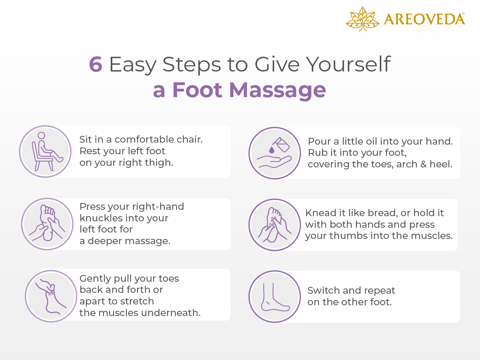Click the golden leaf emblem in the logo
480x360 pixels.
(x=362, y=19)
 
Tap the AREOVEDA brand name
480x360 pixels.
(x=424, y=19)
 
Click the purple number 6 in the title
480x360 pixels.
(x=96, y=64)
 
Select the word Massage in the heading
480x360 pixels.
(x=277, y=90)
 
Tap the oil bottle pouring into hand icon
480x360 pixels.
(x=275, y=153)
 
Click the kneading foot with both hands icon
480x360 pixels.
(x=275, y=225)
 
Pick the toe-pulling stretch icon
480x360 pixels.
(x=51, y=296)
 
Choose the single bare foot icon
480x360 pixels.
(x=275, y=296)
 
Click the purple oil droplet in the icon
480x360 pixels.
(x=271, y=150)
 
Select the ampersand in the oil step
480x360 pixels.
(x=424, y=164)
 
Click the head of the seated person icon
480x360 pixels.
(x=41, y=135)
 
